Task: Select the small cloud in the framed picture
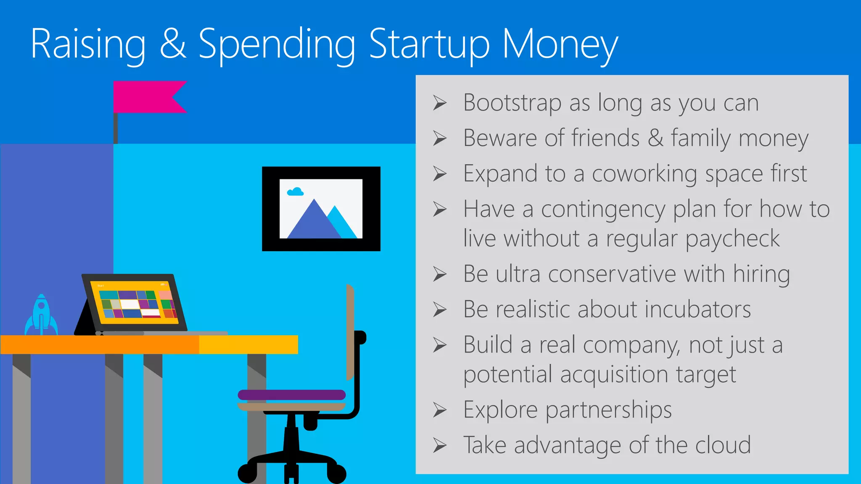point(295,192)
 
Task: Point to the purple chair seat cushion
point(291,395)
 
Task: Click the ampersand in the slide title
point(172,44)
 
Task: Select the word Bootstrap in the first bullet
point(512,103)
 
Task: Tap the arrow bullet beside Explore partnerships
point(440,410)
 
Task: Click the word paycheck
point(732,239)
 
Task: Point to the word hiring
point(761,274)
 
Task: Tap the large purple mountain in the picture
point(313,223)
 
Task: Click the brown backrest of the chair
point(350,332)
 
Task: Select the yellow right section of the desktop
point(248,345)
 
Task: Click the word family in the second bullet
point(701,138)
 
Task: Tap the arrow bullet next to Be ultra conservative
point(440,274)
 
